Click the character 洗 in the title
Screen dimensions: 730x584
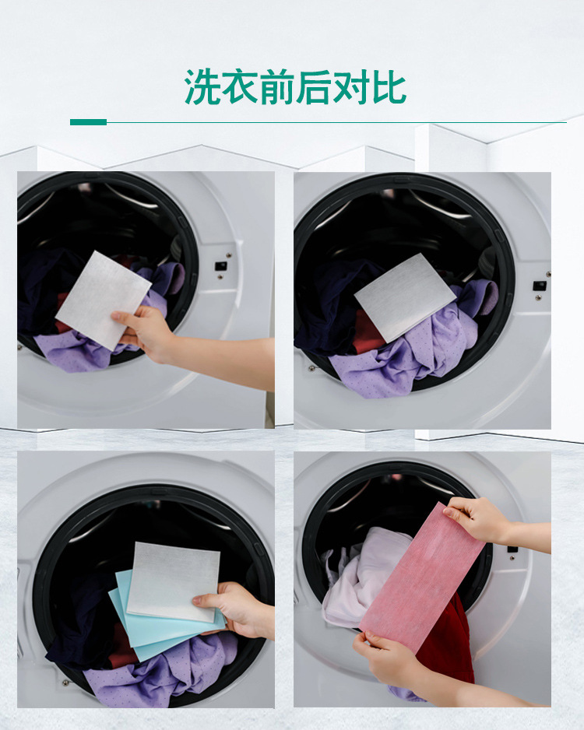pos(202,88)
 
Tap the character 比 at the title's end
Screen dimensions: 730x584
pos(389,88)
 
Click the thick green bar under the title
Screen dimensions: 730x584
pos(88,122)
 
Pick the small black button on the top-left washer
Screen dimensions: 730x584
pos(221,265)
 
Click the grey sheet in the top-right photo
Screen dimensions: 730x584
pos(405,296)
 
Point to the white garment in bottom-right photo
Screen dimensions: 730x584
pos(354,576)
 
